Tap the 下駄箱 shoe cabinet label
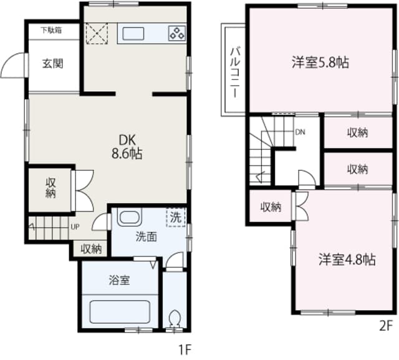coord(51,29)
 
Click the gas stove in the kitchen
coord(176,33)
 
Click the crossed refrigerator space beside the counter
coord(97,33)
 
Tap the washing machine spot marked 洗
coord(176,218)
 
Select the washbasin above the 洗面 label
coord(130,219)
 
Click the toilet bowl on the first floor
coord(174,319)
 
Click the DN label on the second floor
coord(300,132)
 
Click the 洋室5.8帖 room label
coord(320,62)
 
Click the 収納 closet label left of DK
coord(51,188)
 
